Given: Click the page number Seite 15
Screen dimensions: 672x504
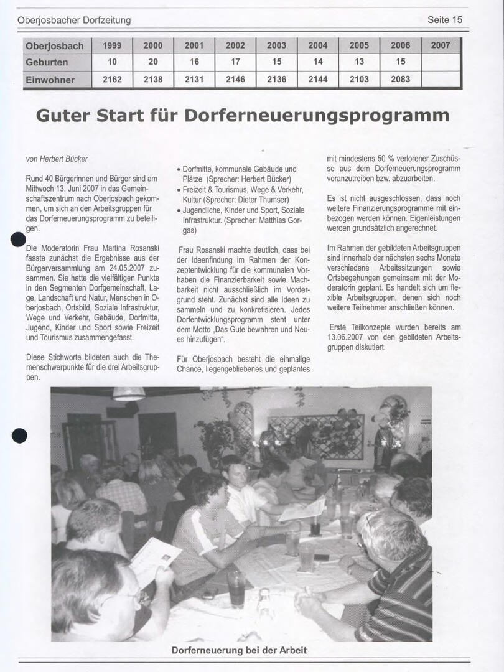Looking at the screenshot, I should (x=445, y=20).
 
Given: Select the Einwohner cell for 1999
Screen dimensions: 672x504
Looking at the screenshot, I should (x=112, y=80).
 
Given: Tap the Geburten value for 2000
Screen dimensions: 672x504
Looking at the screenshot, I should (x=153, y=62).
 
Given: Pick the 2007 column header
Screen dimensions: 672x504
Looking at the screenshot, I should (x=441, y=45).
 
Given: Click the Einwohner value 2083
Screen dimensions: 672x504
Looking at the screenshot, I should (x=400, y=80).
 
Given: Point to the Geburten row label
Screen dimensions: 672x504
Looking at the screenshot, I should (x=47, y=62).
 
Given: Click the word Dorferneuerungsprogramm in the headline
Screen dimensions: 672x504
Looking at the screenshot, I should (x=317, y=116).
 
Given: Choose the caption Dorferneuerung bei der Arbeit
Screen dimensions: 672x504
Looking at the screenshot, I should (x=239, y=651).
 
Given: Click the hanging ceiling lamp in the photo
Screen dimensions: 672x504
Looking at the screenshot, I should (x=129, y=394).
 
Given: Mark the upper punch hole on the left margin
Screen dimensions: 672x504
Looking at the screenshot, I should (x=19, y=240).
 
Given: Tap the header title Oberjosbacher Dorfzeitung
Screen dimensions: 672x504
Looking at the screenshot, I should (x=74, y=20).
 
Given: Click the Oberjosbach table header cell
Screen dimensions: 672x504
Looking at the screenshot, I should (x=54, y=45).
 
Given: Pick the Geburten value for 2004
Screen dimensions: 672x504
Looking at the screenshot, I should (x=318, y=62).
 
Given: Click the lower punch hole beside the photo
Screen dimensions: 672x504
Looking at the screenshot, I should (x=19, y=436).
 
